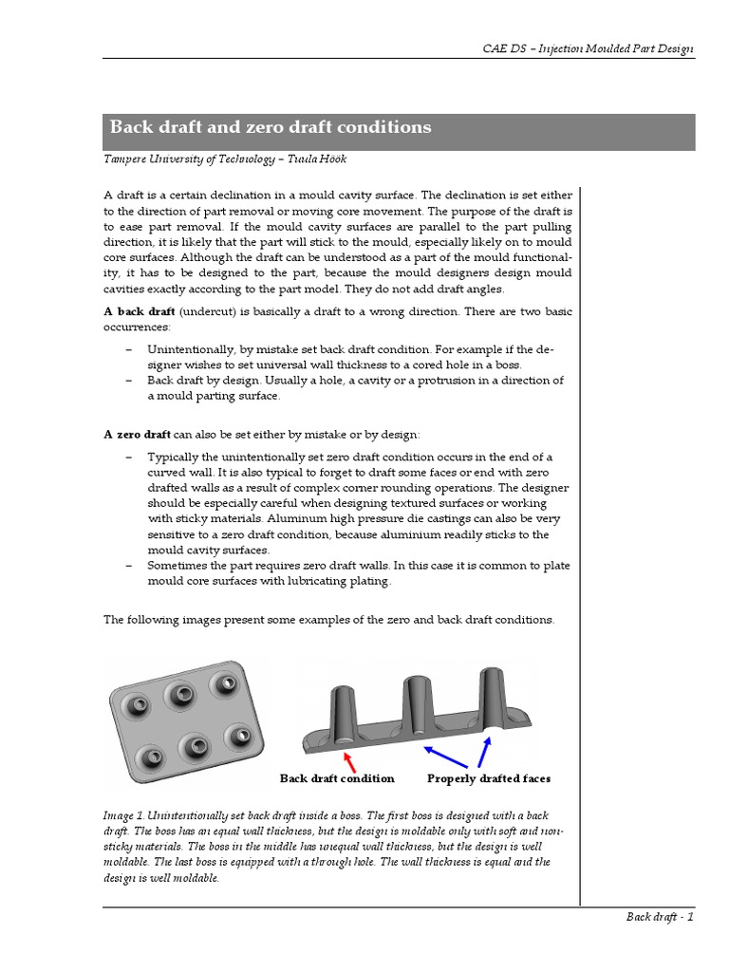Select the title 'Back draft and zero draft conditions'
(x=271, y=127)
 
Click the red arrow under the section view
(x=350, y=759)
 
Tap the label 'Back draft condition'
(x=337, y=778)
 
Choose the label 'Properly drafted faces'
(x=489, y=778)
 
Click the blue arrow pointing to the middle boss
(x=445, y=757)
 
